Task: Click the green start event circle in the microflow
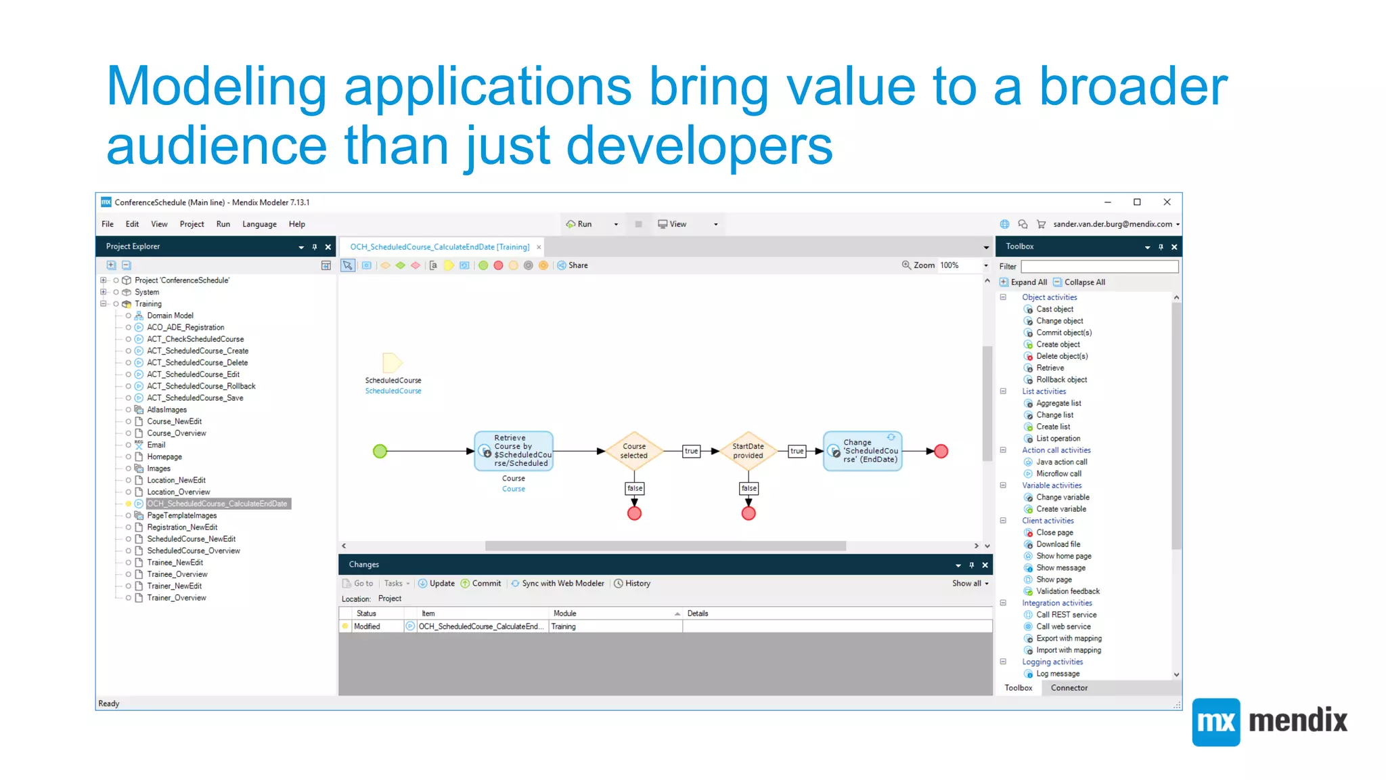click(x=380, y=451)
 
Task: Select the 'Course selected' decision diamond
click(x=634, y=451)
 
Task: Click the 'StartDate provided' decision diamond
click(x=748, y=451)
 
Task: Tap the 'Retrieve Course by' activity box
click(x=514, y=451)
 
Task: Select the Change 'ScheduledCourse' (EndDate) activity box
click(x=863, y=451)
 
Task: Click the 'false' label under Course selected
click(x=635, y=488)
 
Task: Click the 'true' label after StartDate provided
click(x=797, y=451)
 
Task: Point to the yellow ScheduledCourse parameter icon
click(x=392, y=363)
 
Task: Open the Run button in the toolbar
click(x=580, y=224)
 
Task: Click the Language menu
click(x=259, y=224)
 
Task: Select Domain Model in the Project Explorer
click(x=170, y=316)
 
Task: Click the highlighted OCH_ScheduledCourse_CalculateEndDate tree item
click(x=217, y=504)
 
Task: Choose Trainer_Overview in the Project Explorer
click(x=177, y=598)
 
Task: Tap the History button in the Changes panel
click(x=632, y=584)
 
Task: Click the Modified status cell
click(x=367, y=627)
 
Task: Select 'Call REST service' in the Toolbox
click(x=1066, y=615)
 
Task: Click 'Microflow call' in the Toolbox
click(x=1058, y=474)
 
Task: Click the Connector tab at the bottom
click(x=1069, y=688)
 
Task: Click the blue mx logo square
click(x=1216, y=722)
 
